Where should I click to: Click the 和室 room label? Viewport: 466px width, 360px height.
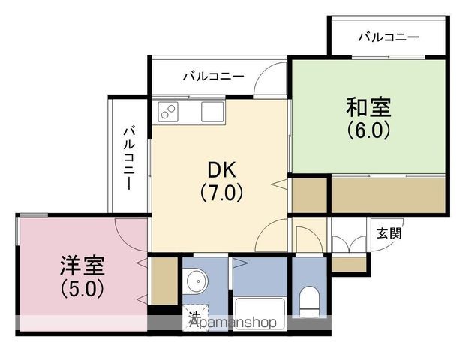coord(368,107)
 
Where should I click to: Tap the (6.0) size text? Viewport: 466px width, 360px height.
coord(368,130)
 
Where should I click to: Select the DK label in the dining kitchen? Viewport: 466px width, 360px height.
coord(221,170)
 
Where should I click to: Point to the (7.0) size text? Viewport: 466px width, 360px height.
coord(221,193)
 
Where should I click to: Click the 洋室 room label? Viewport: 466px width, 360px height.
coord(83,265)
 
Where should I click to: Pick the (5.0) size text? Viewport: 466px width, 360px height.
coord(83,288)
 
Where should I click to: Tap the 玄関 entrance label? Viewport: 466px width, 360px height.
coord(389,233)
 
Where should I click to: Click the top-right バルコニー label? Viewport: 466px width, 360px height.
coord(389,37)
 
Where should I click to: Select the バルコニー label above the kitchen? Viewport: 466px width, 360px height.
coord(213,76)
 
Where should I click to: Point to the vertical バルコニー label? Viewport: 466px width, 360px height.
coord(128,158)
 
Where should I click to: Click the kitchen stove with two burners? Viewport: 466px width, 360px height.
coord(168,112)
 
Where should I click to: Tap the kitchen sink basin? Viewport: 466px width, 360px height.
coord(212,112)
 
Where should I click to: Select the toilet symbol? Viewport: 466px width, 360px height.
coord(309,301)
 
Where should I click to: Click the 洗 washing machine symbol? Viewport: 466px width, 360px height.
coord(195,317)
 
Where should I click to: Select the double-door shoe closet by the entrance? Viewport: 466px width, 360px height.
coord(349,244)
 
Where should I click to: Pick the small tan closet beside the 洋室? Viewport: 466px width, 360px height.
coord(164,280)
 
